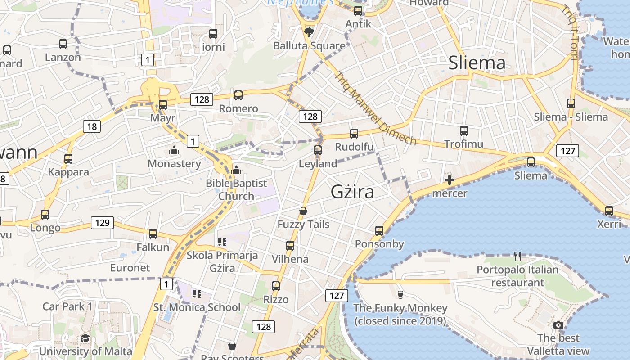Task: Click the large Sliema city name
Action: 477,63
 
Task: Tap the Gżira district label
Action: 352,192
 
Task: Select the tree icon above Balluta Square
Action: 309,32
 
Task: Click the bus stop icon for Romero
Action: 238,95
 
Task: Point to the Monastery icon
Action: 174,150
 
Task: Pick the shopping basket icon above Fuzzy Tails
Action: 304,211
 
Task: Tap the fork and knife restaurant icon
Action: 517,256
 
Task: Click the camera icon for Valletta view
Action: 558,325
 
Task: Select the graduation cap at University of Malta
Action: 85,338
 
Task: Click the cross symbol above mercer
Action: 449,180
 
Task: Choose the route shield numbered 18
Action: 92,126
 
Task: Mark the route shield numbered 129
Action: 102,223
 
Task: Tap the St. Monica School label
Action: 197,307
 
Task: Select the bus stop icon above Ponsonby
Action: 379,231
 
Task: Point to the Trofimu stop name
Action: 463,144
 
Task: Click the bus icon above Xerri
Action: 609,211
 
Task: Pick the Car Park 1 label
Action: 67,306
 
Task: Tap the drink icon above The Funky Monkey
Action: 400,294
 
